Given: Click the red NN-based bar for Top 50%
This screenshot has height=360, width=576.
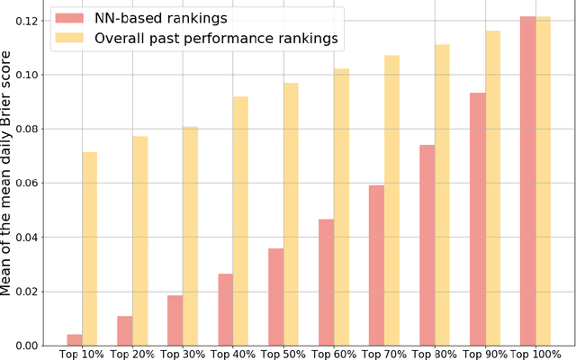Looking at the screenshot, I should click(x=275, y=297).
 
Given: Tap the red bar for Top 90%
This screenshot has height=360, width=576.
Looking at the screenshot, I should click(x=477, y=219).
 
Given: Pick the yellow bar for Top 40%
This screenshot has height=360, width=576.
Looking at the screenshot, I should click(x=241, y=220).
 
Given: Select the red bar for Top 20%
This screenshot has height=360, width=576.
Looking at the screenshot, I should click(x=124, y=330).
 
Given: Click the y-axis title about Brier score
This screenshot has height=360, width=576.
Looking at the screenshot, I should click(x=8, y=180).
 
